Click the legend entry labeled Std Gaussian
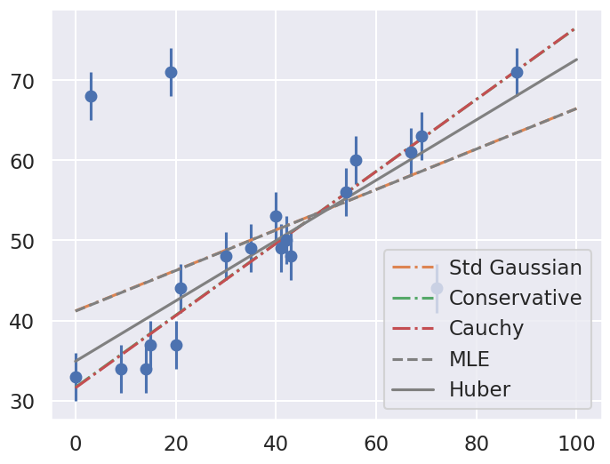pos(515,268)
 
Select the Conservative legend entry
pos(515,298)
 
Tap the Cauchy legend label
pos(486,328)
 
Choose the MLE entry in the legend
pos(470,359)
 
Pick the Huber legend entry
pos(479,389)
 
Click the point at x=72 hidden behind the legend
pos(437,288)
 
